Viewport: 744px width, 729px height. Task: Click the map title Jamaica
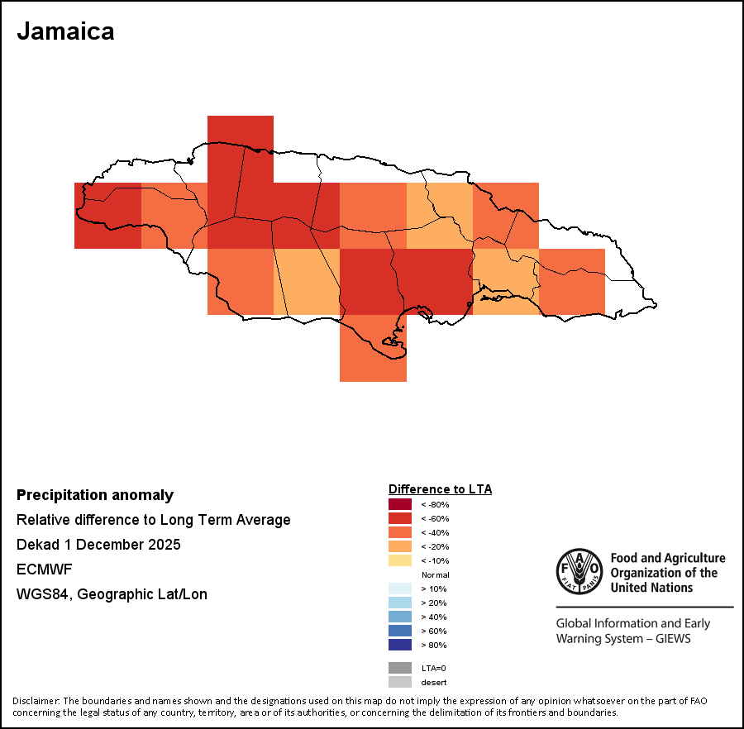point(65,31)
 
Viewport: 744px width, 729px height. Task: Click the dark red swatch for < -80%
point(400,504)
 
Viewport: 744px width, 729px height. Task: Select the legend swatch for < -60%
point(400,518)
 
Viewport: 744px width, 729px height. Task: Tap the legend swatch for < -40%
point(400,532)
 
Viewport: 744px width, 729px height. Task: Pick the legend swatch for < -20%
point(400,546)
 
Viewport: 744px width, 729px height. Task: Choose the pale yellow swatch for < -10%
point(400,560)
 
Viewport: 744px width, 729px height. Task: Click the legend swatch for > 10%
point(400,588)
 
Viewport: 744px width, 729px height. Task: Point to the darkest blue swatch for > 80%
point(400,645)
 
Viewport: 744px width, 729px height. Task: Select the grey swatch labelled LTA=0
point(400,668)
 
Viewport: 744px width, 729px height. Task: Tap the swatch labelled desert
point(400,682)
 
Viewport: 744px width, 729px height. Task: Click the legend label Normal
point(435,574)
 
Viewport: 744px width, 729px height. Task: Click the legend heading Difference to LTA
point(440,489)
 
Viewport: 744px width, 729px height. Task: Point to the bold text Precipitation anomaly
point(95,495)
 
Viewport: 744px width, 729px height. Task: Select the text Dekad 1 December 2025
point(98,545)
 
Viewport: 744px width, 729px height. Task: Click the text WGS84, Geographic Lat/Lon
point(112,594)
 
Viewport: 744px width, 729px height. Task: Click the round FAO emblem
point(579,571)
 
